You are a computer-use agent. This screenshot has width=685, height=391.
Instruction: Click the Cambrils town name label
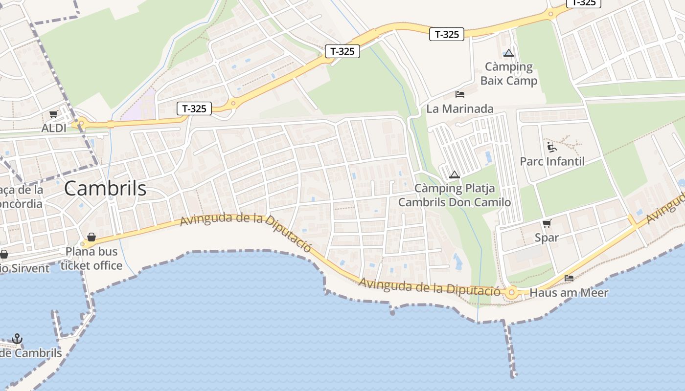pos(105,189)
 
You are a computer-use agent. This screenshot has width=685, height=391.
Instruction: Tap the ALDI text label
pos(54,128)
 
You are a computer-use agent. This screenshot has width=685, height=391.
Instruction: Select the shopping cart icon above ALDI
pos(54,114)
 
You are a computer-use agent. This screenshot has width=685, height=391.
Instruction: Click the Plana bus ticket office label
pos(91,259)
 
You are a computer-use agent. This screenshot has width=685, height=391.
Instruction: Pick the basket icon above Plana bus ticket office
pos(91,238)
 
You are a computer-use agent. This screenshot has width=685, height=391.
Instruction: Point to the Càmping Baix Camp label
pos(509,73)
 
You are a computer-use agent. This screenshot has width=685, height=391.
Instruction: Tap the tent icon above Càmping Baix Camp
pos(509,53)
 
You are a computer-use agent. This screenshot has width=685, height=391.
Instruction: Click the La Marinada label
pos(460,109)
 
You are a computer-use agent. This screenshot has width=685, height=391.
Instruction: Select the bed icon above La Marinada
pos(460,94)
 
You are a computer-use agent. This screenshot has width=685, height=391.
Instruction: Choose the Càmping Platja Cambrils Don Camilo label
pos(455,195)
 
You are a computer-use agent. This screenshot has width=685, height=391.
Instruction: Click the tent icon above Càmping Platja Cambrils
pos(455,174)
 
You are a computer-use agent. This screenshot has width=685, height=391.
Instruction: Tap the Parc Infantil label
pos(552,161)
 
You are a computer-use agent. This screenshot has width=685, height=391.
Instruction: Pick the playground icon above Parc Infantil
pos(552,147)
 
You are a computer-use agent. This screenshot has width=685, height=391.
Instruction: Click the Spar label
pos(547,238)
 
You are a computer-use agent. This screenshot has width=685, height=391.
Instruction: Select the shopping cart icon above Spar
pos(547,224)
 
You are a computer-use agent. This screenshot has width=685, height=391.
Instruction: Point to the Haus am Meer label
pos(569,293)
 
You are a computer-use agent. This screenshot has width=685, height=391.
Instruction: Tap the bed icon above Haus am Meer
pos(569,278)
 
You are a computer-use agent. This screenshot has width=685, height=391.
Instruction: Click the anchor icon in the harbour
pos(17,339)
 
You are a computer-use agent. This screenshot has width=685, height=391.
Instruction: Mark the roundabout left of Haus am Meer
pos(512,293)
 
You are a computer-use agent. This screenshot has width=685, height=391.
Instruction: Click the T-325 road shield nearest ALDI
pos(194,109)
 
